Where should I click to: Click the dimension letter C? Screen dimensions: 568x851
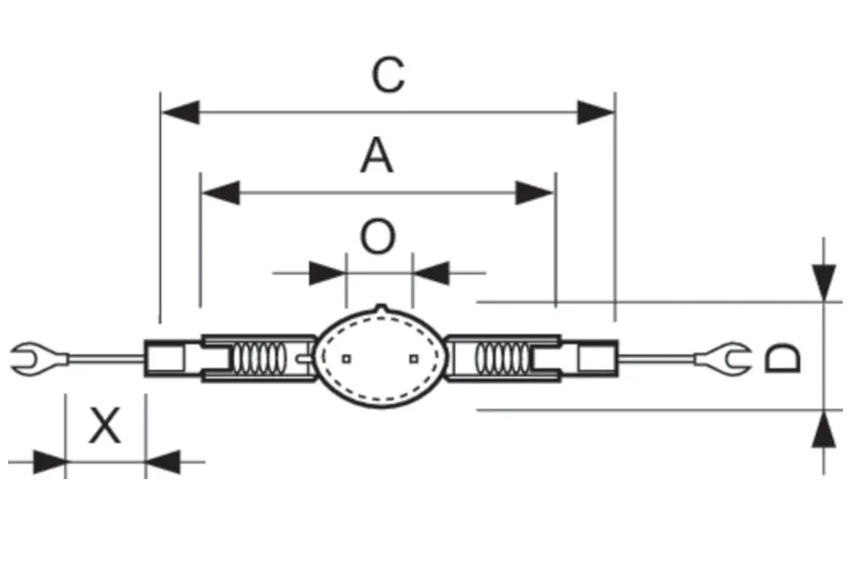coord(388,75)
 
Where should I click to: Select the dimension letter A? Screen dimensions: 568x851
coord(377,156)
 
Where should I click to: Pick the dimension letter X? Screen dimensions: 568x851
coord(104,426)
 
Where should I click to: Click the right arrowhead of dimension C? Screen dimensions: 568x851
coord(595,113)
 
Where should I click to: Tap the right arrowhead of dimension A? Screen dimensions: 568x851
coord(536,193)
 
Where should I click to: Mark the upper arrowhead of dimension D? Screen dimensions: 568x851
coord(826,282)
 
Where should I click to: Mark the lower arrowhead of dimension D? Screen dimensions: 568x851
coord(826,429)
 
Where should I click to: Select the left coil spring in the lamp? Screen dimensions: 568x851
coord(259,357)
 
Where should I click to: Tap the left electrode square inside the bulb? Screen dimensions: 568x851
coord(346,358)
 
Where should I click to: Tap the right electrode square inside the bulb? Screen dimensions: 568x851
coord(413,358)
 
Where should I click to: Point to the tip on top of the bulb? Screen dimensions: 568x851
coord(381,308)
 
